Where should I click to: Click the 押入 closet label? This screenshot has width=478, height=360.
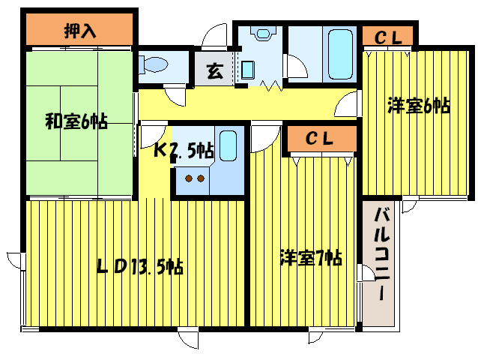click(80, 31)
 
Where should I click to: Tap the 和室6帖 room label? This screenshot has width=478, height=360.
click(76, 121)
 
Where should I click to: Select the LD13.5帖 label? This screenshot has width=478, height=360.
click(140, 266)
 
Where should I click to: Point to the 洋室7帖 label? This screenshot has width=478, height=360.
click(311, 258)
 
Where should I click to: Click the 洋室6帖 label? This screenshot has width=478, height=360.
click(419, 106)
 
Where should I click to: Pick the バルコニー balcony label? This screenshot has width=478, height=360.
click(382, 253)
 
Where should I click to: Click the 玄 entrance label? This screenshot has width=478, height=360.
click(215, 70)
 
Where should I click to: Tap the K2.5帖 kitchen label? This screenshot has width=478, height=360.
click(184, 150)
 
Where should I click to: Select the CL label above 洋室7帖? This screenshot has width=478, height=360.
click(319, 139)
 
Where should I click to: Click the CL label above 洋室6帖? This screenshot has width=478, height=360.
click(388, 37)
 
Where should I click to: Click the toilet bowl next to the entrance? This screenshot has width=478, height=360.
click(154, 64)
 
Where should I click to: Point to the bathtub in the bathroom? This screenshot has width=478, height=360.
click(340, 54)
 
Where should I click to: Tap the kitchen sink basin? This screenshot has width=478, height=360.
click(228, 145)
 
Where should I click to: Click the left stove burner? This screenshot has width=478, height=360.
click(189, 178)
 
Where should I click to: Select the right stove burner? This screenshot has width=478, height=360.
click(201, 178)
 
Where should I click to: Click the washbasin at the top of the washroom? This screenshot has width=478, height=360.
click(262, 33)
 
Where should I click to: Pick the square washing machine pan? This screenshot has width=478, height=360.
click(248, 70)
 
